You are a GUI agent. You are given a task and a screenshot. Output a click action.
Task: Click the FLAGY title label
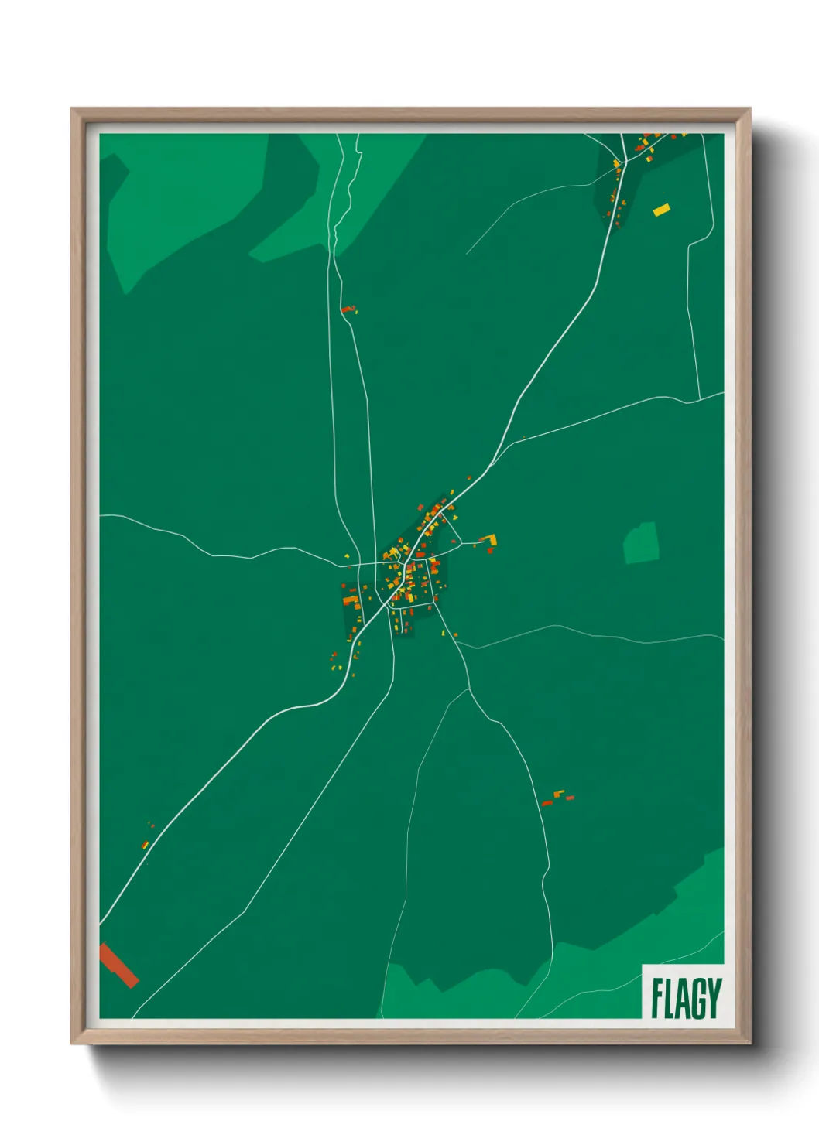click(685, 997)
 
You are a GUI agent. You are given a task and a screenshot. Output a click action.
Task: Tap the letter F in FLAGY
click(656, 998)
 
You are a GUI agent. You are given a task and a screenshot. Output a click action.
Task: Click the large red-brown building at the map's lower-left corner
click(118, 965)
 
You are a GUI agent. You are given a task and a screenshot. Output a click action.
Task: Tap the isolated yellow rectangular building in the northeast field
click(661, 209)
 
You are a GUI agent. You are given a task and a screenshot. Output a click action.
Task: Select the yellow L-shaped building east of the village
click(489, 540)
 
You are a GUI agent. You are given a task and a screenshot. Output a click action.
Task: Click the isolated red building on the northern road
click(348, 309)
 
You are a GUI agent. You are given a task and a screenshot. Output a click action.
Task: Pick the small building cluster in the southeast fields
click(557, 798)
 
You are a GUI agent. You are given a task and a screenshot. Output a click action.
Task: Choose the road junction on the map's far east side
click(700, 399)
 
